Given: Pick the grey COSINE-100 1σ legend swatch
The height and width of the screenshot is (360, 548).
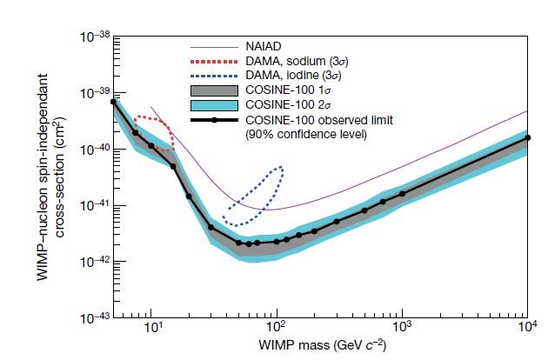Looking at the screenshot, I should (213, 90).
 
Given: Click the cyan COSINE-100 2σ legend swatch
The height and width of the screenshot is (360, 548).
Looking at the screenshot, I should (213, 104).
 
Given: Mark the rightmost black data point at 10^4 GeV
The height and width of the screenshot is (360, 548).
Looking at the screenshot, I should (527, 137).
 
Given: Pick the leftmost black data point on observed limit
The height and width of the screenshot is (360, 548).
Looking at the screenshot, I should (113, 102).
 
